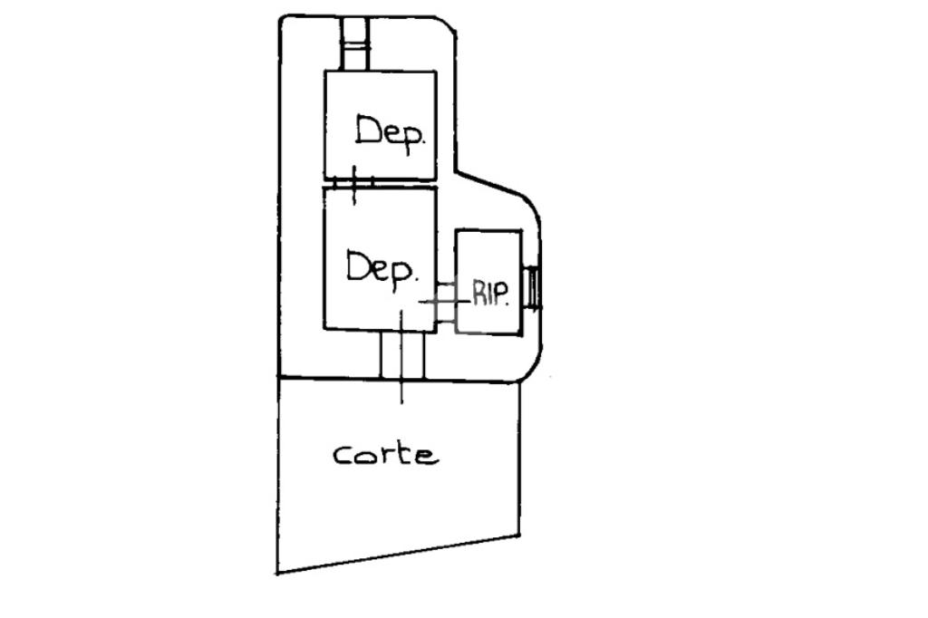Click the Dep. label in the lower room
(x=382, y=270)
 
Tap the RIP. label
(x=490, y=294)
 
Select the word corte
(x=386, y=455)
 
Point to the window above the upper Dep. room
(x=355, y=43)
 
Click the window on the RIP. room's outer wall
(x=533, y=288)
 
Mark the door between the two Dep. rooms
(x=354, y=182)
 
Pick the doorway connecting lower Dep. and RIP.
(x=446, y=303)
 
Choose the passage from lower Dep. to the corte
(x=401, y=354)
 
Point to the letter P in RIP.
(x=501, y=295)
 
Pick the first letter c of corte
(x=342, y=456)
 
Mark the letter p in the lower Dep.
(x=401, y=275)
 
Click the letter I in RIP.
(x=489, y=295)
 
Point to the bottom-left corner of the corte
(x=277, y=573)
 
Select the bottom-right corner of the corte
(x=519, y=536)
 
